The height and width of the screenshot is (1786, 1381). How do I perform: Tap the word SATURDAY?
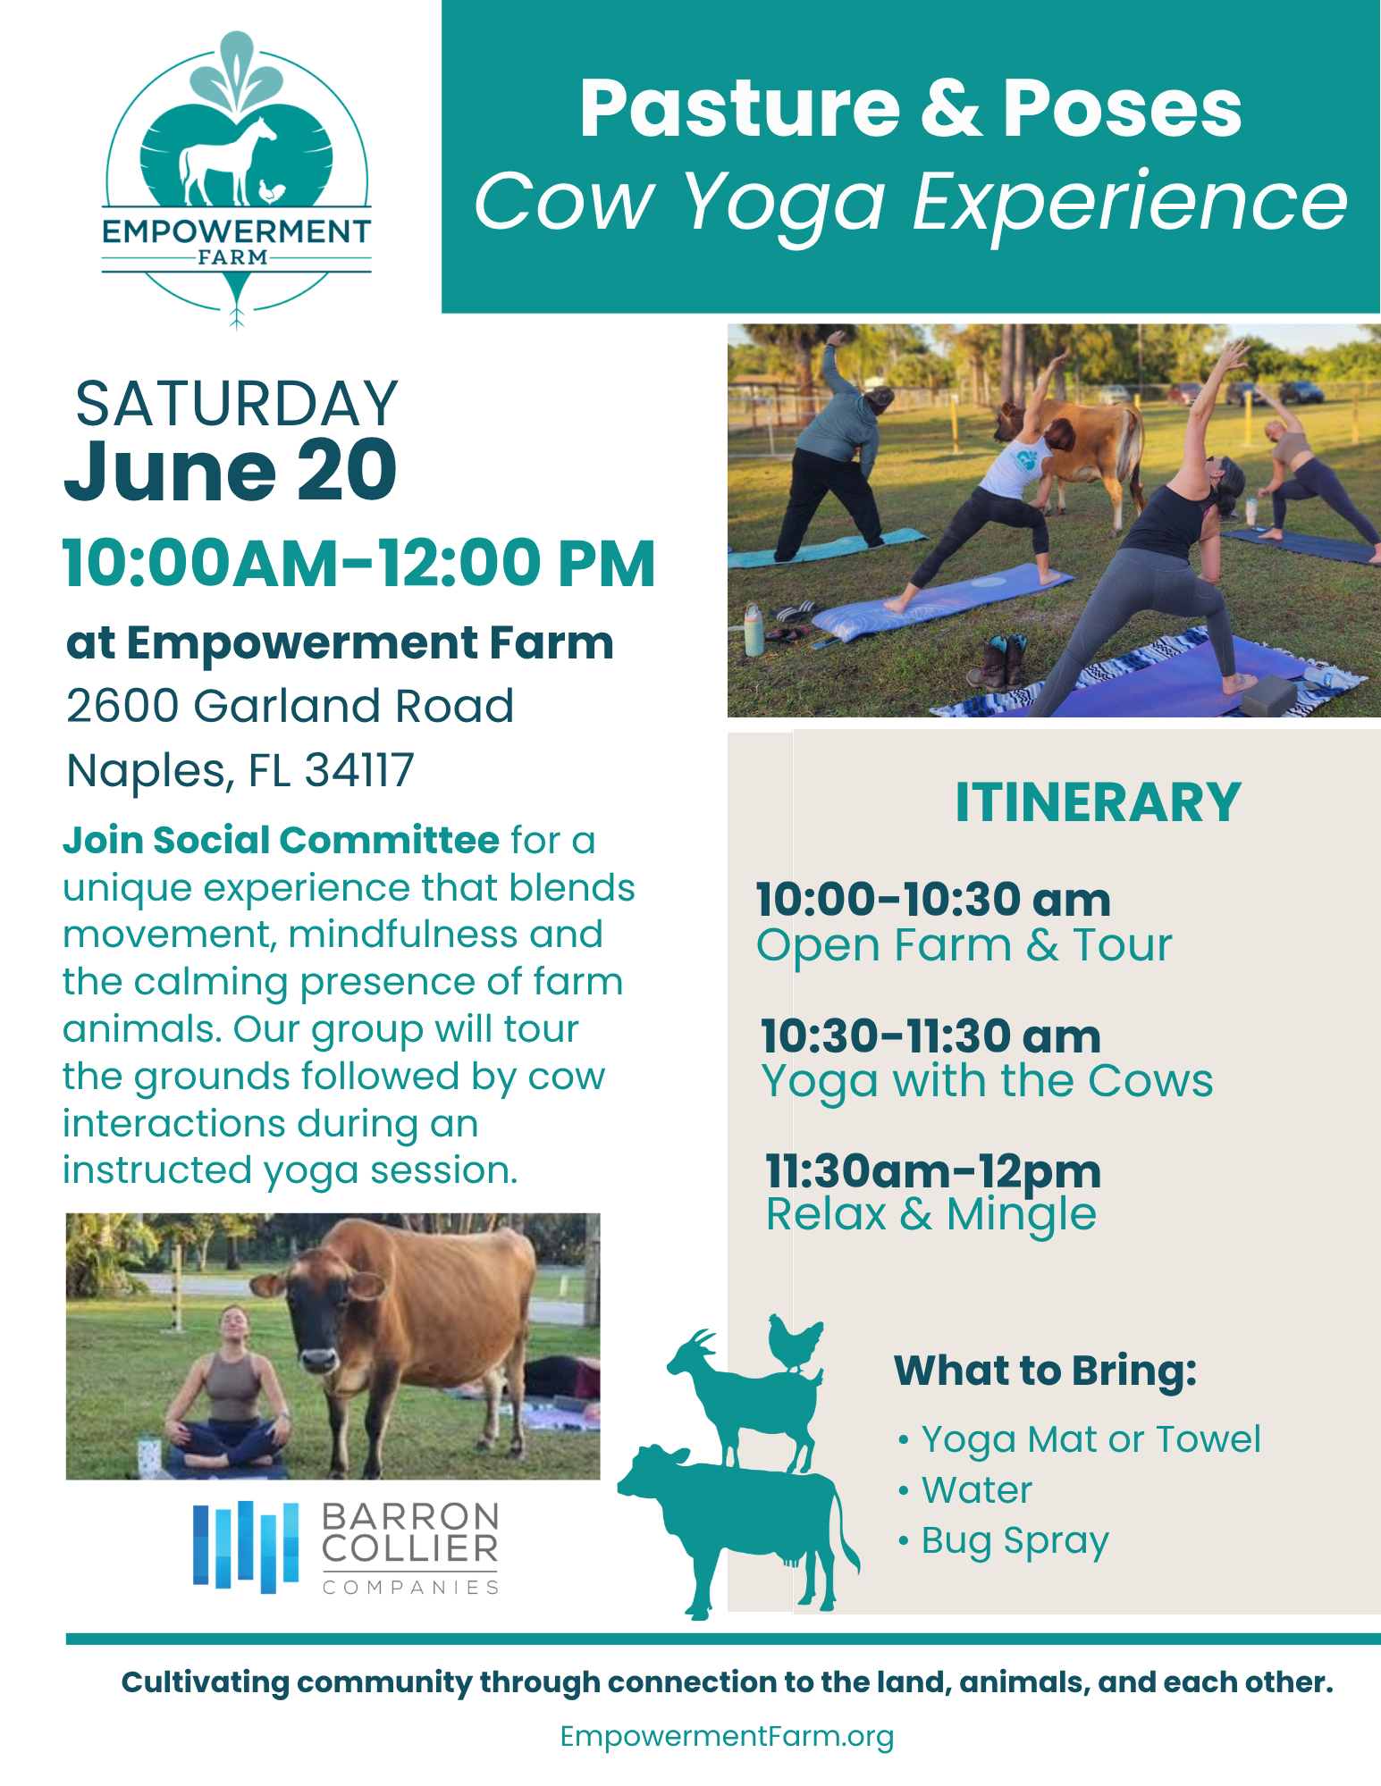pos(237,404)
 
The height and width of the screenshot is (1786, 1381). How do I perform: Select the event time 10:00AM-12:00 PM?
pos(359,563)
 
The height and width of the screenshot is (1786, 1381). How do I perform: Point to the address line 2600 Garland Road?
pos(291,705)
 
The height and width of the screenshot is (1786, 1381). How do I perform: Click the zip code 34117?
pos(359,769)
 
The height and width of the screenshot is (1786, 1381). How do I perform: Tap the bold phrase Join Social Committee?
pos(281,840)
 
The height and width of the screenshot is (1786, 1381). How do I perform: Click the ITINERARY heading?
pos(1099,801)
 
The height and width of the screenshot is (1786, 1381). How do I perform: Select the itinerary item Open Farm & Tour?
pos(964,944)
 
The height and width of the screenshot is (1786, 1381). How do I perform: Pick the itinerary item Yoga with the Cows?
pos(987,1081)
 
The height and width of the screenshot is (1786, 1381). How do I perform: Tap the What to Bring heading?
pos(1045,1371)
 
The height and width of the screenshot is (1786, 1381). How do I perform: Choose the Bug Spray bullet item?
pos(1015,1541)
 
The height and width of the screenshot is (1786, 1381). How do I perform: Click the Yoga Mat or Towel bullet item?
pos(1090,1439)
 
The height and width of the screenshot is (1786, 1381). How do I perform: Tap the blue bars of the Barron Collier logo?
pos(246,1547)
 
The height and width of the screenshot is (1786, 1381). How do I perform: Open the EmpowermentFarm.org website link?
pos(727,1736)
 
